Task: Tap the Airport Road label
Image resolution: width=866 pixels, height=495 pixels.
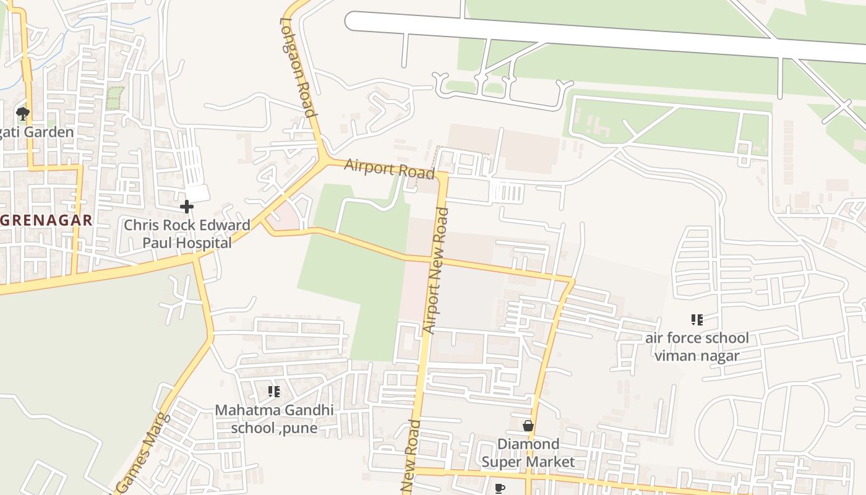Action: (x=389, y=168)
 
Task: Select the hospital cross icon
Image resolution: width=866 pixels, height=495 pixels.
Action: (x=186, y=207)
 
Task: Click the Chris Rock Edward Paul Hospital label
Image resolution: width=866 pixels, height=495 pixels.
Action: (x=187, y=233)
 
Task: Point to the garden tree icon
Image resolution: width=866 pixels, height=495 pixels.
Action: (x=23, y=113)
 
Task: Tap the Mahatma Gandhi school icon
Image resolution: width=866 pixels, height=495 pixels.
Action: (x=273, y=391)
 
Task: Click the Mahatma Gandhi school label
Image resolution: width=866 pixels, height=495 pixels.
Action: (x=274, y=419)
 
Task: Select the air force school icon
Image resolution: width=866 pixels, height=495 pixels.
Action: (x=697, y=320)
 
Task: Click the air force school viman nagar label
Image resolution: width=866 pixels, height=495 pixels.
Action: (x=697, y=346)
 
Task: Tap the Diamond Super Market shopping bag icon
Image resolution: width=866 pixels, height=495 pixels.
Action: (x=528, y=426)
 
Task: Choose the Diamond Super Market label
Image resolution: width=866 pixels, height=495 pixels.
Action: (x=528, y=453)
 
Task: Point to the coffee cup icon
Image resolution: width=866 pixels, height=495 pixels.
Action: (x=500, y=489)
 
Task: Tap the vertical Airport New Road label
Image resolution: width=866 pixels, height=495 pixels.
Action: (x=437, y=270)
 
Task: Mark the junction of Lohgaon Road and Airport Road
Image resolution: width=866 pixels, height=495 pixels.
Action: (x=324, y=160)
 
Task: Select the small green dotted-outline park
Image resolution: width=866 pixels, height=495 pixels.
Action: (x=114, y=98)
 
